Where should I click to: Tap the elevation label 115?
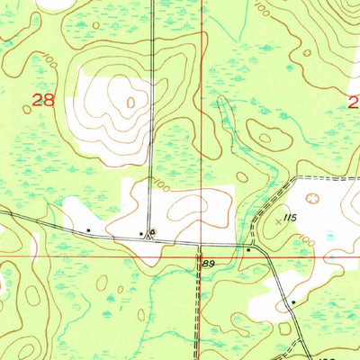[x=288, y=218]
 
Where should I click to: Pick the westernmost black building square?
[x=88, y=230]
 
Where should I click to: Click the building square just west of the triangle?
[x=142, y=234]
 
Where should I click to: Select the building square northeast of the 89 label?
[x=248, y=249]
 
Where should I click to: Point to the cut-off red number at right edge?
[x=355, y=101]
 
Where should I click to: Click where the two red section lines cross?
[x=200, y=256]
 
